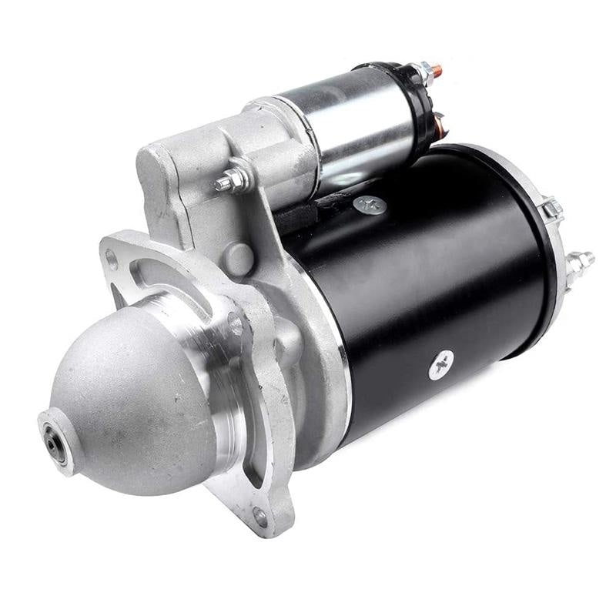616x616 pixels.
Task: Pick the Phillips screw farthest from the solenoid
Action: [441, 363]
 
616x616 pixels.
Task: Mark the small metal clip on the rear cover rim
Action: [551, 208]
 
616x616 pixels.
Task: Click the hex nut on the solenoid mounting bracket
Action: [230, 182]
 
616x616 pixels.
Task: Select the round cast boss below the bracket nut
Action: [240, 257]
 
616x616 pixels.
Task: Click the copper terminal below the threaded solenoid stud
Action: [440, 123]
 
